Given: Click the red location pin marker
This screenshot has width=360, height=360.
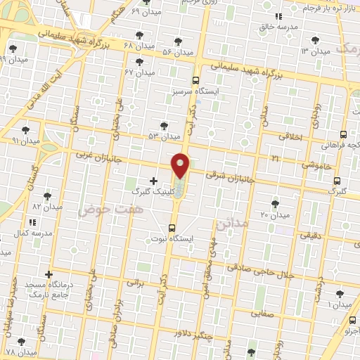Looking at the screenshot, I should [x=181, y=165].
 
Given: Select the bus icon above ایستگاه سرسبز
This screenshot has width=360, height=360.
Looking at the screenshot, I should [x=195, y=81].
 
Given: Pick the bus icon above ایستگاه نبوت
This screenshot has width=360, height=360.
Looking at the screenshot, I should [x=172, y=227].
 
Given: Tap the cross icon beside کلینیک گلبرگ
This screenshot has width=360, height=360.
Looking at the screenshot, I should [x=154, y=181].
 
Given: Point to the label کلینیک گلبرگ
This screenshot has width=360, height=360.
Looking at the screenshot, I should [x=149, y=191].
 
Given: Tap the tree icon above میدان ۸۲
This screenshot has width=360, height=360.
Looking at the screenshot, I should [x=47, y=196].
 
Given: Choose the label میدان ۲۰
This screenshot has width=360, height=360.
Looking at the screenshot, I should [x=275, y=214].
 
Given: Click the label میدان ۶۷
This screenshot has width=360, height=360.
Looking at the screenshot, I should [x=139, y=72].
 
